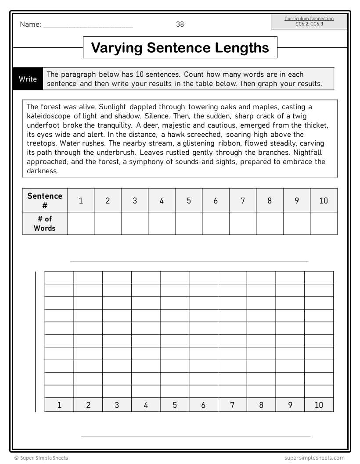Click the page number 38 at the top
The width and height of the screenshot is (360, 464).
(180, 25)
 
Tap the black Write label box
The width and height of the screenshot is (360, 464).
(28, 79)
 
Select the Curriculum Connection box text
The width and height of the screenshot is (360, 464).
(309, 21)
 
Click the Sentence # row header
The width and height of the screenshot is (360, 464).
(45, 200)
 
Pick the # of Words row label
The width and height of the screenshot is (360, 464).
(45, 223)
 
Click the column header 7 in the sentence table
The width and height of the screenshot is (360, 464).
(243, 201)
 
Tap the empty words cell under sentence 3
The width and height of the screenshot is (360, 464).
(135, 223)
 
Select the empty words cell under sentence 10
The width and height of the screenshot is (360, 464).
(324, 223)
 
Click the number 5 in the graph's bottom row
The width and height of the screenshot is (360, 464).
(175, 405)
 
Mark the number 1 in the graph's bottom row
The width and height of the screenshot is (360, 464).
(59, 405)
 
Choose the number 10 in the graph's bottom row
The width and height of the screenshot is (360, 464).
(319, 405)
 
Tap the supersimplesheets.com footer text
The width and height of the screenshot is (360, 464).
(311, 458)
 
